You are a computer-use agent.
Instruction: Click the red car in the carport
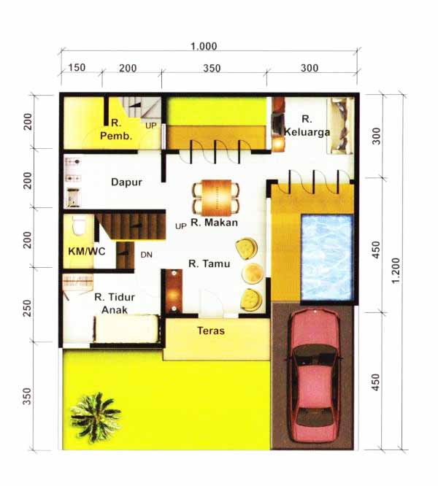(314, 376)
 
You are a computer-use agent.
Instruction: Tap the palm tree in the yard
(95, 417)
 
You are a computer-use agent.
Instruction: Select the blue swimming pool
(327, 258)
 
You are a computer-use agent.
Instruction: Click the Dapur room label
(126, 182)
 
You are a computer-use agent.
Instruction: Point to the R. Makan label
(214, 223)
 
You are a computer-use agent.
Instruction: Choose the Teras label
(211, 331)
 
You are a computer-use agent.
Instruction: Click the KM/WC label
(86, 251)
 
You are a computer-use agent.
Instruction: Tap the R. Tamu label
(210, 263)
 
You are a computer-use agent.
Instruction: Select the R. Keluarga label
(307, 126)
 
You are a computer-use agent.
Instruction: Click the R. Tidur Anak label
(115, 304)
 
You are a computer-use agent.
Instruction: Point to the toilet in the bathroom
(79, 225)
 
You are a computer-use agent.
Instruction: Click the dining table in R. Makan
(216, 198)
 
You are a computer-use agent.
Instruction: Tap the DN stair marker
(146, 255)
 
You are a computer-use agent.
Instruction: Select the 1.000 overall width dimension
(204, 47)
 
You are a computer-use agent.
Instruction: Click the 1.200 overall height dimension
(396, 271)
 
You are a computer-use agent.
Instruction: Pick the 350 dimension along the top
(212, 68)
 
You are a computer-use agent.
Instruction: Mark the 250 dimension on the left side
(28, 308)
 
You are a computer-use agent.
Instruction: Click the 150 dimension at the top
(77, 68)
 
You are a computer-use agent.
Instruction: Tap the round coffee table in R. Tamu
(253, 273)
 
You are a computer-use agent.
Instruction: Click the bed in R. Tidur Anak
(126, 329)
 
